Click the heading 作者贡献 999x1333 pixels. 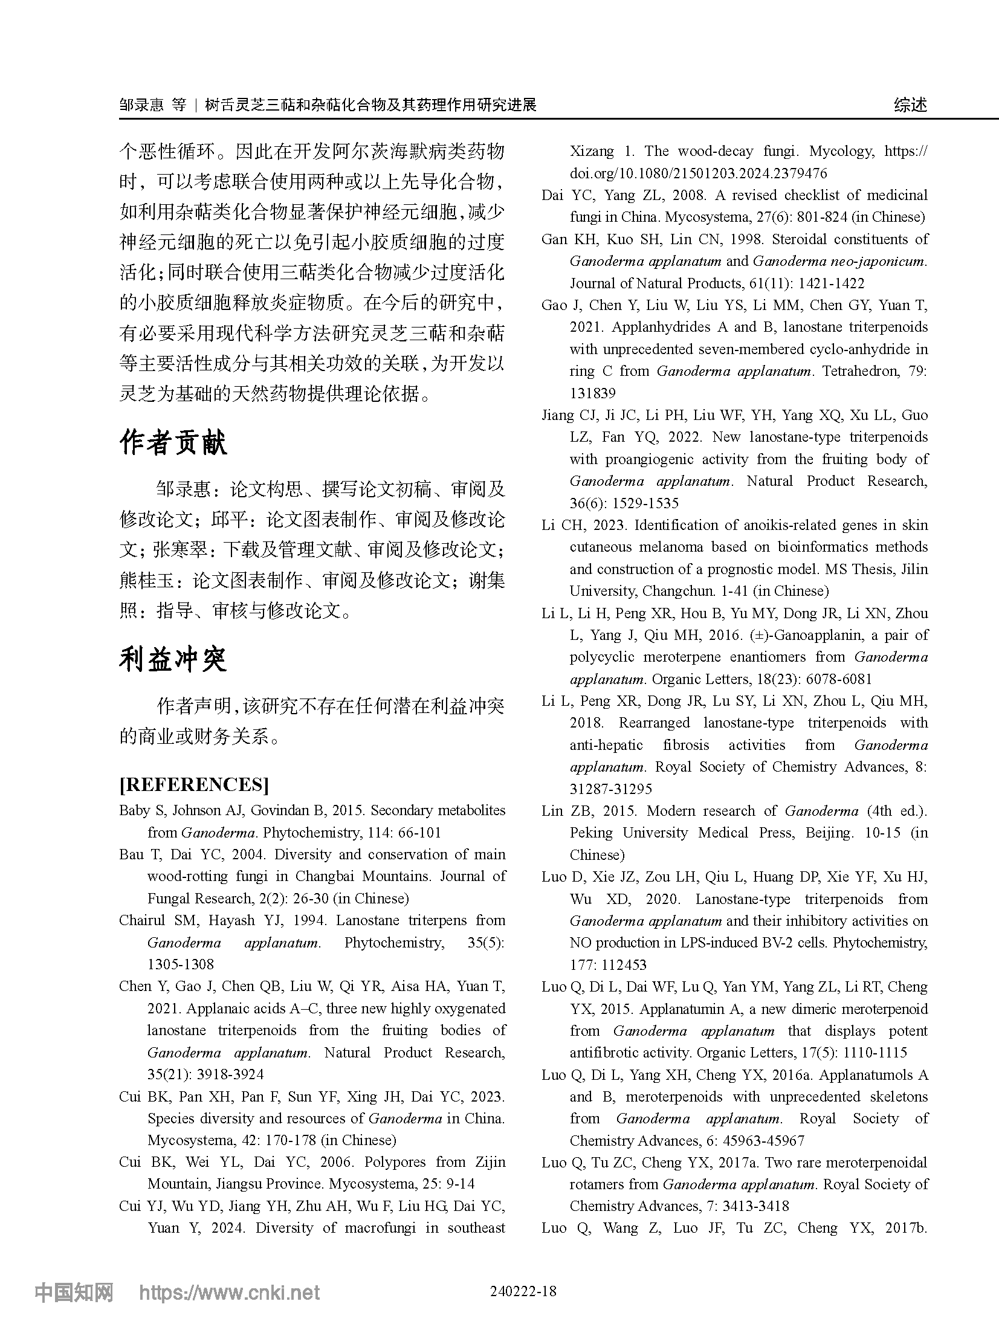click(173, 443)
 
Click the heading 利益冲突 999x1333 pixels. click(173, 659)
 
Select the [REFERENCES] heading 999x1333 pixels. click(194, 784)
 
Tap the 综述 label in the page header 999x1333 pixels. click(910, 105)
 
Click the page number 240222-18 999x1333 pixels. click(523, 1291)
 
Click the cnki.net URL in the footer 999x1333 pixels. click(230, 1293)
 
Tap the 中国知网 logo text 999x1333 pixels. click(74, 1293)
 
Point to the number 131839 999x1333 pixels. click(592, 393)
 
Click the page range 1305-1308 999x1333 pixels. click(181, 964)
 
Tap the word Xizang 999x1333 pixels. click(592, 151)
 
